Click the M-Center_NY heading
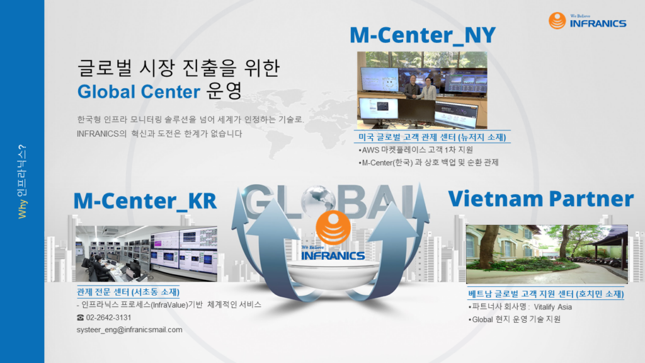point(423,35)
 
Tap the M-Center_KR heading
point(145,201)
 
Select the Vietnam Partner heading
point(540,199)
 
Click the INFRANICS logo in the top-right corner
point(588,21)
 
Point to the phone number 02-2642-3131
point(108,318)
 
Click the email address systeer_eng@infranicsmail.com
point(129,330)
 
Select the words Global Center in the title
point(139,92)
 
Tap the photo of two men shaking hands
point(422,90)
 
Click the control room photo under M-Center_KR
point(146,253)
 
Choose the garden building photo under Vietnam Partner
point(547,254)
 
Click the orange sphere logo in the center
point(333,228)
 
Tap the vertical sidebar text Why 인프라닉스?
point(22,181)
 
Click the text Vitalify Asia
point(552,307)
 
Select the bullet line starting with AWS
point(416,150)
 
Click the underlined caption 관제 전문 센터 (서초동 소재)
point(128,292)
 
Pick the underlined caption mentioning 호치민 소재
point(546,294)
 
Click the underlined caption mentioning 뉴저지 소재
point(432,137)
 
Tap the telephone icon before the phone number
point(80,318)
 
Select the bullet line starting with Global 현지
point(514,320)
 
